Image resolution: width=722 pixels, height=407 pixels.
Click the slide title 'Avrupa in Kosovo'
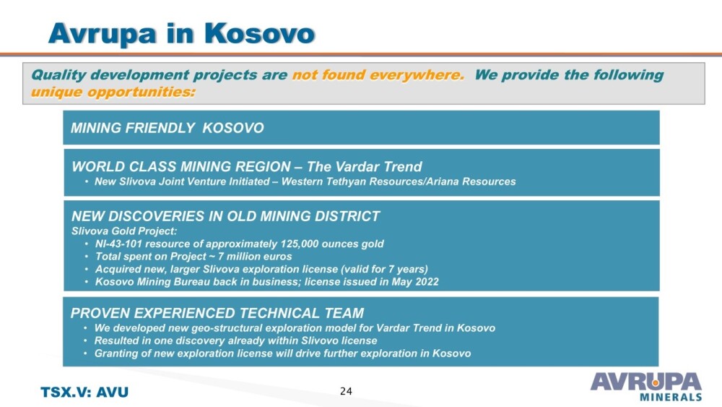click(x=181, y=33)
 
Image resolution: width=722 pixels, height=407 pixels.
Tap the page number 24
click(x=346, y=391)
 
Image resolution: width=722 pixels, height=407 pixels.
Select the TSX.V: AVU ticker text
click(x=84, y=393)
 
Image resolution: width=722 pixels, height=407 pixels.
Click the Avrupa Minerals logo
click(x=646, y=386)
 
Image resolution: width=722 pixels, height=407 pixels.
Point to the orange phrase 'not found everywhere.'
click(x=378, y=74)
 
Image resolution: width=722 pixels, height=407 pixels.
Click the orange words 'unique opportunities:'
click(x=113, y=92)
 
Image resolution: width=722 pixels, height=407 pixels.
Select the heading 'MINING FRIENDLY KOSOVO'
click(x=168, y=128)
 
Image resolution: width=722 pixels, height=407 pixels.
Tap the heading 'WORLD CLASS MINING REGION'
click(x=181, y=166)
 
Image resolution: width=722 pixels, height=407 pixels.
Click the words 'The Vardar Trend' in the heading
click(x=364, y=166)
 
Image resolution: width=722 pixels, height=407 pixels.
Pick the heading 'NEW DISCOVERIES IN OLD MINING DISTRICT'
click(x=225, y=216)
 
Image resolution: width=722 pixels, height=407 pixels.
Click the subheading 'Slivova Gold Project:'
click(x=124, y=231)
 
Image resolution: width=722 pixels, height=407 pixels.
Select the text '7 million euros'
click(x=255, y=257)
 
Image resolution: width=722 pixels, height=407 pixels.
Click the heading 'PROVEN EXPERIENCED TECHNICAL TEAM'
click(x=217, y=313)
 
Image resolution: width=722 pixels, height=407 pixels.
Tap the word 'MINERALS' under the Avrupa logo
click(x=671, y=397)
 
